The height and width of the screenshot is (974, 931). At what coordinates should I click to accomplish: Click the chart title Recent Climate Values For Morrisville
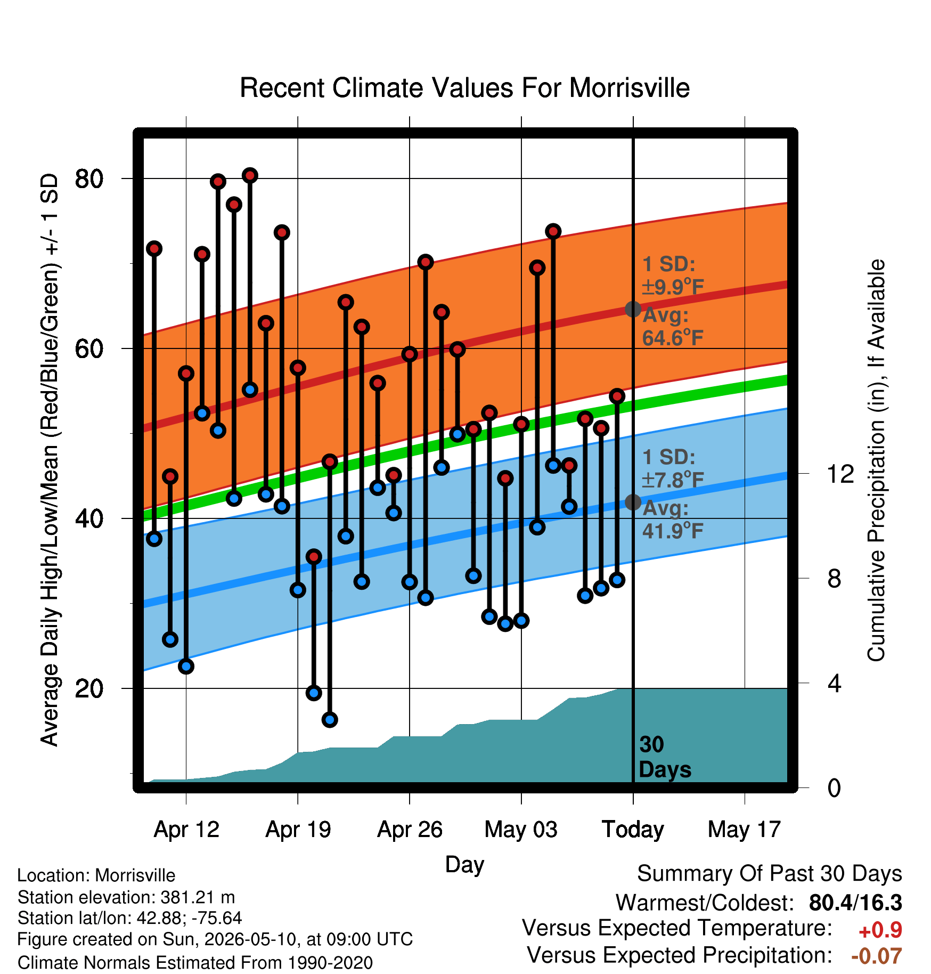point(464,88)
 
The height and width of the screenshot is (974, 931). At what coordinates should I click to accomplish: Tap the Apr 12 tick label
point(186,830)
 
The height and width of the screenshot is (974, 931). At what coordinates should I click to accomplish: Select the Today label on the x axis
point(633,830)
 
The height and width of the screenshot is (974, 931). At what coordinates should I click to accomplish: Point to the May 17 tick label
point(744,830)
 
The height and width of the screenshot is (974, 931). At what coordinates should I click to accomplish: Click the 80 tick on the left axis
point(89,178)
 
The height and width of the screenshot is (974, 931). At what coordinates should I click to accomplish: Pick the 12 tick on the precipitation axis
point(840,474)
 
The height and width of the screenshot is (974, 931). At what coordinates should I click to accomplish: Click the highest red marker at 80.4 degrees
point(250,175)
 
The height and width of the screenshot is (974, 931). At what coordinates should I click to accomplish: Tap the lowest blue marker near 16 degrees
point(330,720)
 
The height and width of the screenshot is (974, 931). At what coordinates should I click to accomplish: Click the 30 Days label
point(665,757)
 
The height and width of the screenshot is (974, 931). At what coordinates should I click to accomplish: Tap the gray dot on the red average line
point(633,309)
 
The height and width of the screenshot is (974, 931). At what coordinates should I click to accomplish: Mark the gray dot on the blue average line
point(633,502)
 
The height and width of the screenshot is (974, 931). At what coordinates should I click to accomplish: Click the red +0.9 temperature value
point(880,930)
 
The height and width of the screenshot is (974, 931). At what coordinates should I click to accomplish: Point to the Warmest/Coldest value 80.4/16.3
point(855,903)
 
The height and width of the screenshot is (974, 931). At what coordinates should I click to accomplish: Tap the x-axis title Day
point(464,864)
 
